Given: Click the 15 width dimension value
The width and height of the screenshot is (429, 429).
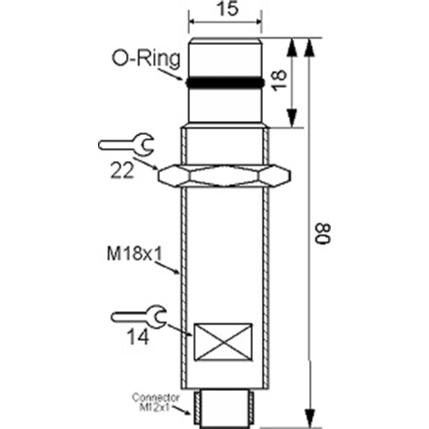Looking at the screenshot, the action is pos(227,9).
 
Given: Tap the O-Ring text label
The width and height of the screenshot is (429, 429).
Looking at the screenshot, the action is pos(147,59).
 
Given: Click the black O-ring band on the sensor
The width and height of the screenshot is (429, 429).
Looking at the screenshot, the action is pos(225,83).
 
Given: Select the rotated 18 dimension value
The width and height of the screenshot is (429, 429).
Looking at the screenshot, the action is pos(279,80).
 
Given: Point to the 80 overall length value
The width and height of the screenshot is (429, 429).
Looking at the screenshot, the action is pos(323,234).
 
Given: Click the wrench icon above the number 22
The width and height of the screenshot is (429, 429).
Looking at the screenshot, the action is pos(127,144).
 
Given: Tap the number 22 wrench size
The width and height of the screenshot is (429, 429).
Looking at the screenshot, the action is pos(122,170).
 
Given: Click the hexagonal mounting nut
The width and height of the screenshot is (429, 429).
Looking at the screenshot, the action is pos(225,176).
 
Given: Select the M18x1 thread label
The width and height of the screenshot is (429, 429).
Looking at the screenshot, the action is pos(134,254).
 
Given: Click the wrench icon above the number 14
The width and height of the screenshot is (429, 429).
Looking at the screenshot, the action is pos(139,317).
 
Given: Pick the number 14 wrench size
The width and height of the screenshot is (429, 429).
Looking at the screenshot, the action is pos(138,337).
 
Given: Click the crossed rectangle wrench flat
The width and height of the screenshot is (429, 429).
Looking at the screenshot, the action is pos(223,342).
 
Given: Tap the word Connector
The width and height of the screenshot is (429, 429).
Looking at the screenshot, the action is pos(156,398).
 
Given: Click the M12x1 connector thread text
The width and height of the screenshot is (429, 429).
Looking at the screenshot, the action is pos(154,408).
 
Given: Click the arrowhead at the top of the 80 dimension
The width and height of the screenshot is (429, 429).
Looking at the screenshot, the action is pos(309,48).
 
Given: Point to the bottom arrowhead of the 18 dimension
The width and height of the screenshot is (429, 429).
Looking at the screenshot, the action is pos(292,118).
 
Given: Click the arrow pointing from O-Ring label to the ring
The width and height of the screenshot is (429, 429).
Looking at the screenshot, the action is pos(170,74).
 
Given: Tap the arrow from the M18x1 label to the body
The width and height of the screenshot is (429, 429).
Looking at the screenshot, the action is pos(167,268).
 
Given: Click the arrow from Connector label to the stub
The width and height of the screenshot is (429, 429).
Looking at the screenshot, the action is pos(182,410).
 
